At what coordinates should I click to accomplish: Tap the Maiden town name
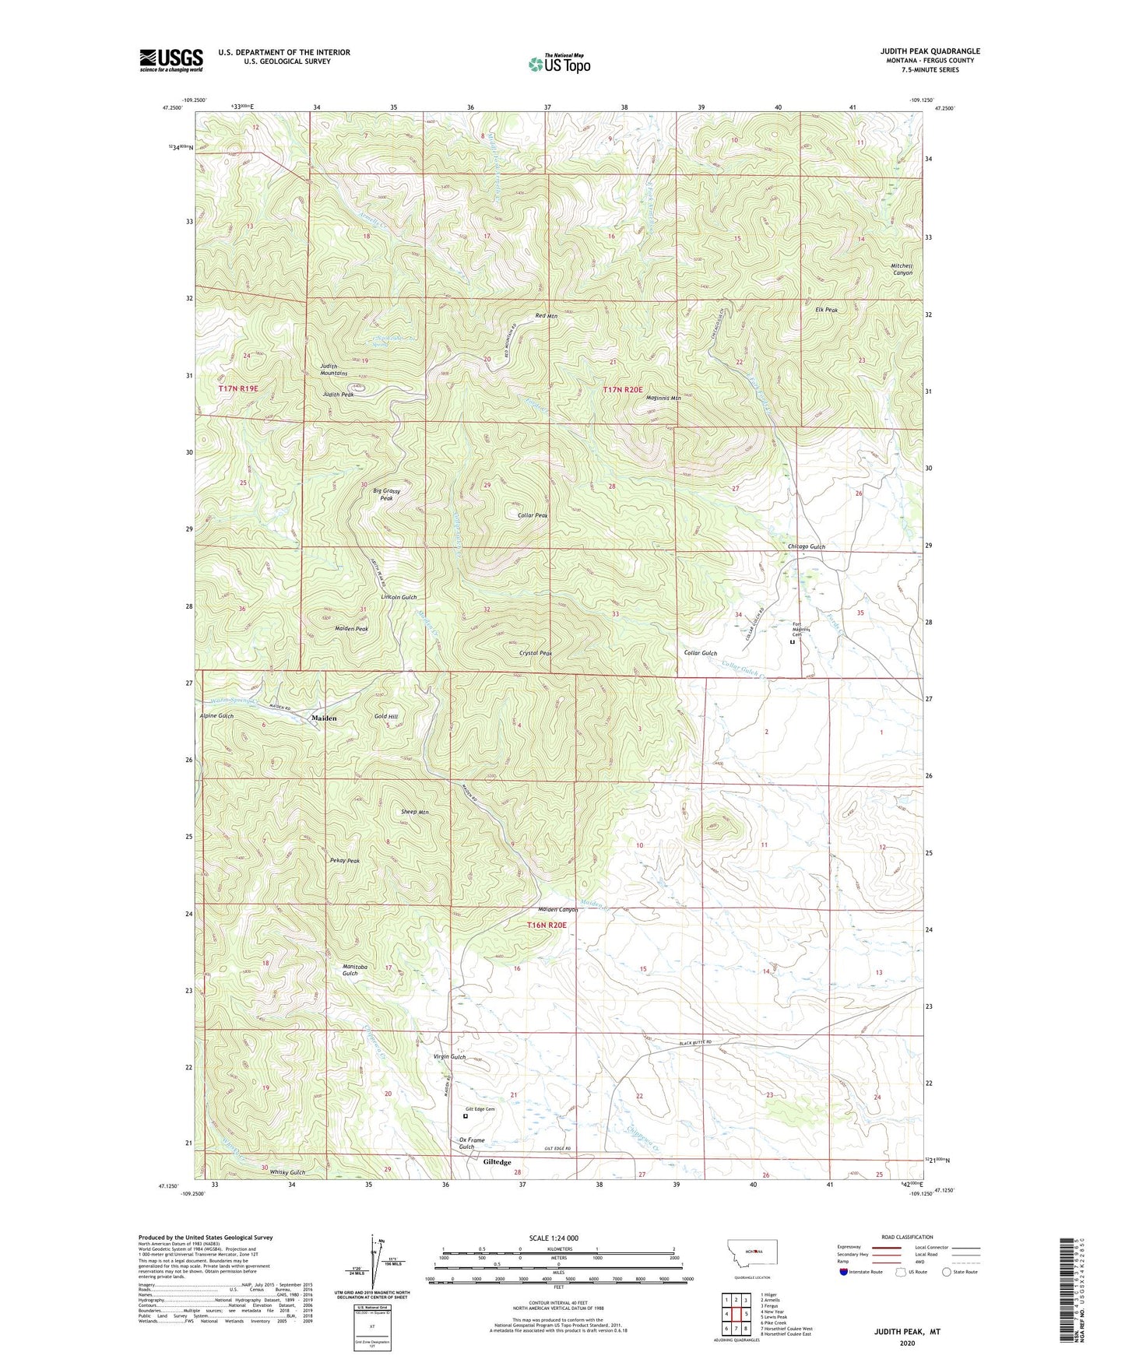[324, 718]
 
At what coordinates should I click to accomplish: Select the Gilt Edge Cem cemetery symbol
[466, 1115]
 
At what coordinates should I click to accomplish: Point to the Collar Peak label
[533, 515]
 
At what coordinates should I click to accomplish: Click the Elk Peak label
[826, 310]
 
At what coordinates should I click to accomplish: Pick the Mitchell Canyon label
[902, 269]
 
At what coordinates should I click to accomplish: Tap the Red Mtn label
[547, 316]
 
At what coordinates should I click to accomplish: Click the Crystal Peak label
[535, 653]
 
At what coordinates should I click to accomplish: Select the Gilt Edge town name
[497, 1162]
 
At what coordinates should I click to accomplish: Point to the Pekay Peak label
[345, 861]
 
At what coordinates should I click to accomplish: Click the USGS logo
[171, 60]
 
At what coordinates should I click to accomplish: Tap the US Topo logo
[557, 64]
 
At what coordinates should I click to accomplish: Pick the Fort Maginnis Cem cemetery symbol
[793, 642]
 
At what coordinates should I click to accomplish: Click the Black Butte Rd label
[694, 1042]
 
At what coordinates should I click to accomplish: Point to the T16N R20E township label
[547, 925]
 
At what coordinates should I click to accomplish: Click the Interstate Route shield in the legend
[844, 1272]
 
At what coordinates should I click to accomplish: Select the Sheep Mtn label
[415, 812]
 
